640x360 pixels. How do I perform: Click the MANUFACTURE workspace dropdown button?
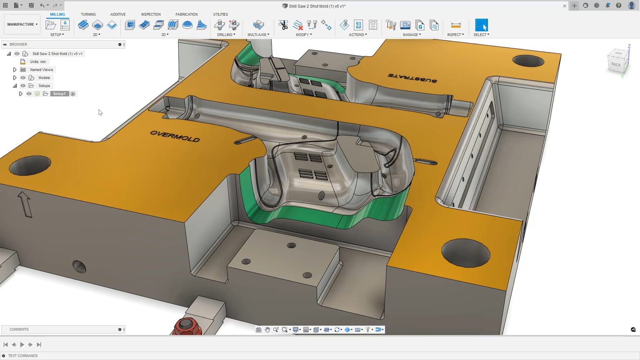22,24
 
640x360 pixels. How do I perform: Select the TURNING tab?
88,14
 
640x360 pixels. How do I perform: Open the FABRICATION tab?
186,14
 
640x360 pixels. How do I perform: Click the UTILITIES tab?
220,14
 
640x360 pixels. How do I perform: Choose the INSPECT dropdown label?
455,35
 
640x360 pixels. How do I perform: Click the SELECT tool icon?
481,25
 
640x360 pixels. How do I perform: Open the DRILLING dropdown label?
226,35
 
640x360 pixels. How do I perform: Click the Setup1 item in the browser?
59,94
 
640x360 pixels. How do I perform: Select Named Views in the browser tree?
41,70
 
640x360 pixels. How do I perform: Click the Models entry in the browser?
44,77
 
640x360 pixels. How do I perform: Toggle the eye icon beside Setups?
23,86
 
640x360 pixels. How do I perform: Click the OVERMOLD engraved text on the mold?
175,136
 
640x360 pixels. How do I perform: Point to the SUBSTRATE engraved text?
412,78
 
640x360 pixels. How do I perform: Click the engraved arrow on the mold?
25,204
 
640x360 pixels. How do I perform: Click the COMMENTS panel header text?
19,329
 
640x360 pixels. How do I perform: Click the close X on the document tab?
565,6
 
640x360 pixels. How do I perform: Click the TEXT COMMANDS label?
23,356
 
